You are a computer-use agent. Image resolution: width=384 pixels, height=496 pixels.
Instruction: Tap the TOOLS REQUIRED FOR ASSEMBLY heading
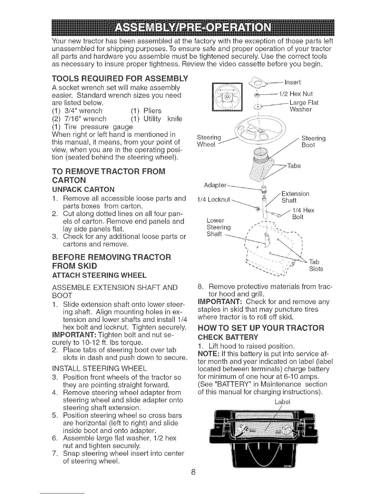coord(120,78)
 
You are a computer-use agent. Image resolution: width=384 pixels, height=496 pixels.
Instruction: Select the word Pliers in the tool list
coord(152,111)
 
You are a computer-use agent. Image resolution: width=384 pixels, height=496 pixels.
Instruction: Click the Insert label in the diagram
coord(293,83)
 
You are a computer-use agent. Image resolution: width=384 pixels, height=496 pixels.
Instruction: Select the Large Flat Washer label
coord(304,106)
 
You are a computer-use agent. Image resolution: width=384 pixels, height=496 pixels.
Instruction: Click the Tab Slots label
coord(316,265)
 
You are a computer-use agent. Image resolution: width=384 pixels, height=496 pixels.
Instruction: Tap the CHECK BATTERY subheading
coord(228,337)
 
